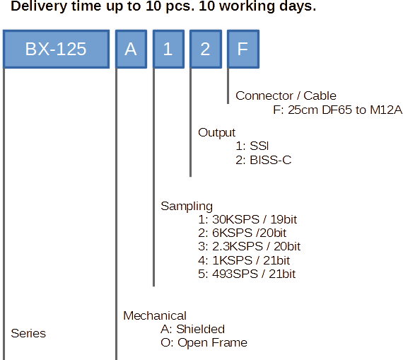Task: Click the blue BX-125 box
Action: point(56,49)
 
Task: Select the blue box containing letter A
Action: point(131,49)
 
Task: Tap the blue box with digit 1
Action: point(168,49)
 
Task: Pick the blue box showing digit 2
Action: point(206,49)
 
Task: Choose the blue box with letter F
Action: point(243,49)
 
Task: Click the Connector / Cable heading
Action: point(286,96)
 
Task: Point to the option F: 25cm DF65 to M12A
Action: point(337,110)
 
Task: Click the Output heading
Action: point(216,133)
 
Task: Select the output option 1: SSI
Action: point(252,146)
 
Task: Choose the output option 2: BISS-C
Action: point(264,161)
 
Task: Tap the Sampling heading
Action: point(187,207)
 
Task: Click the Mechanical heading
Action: point(155,315)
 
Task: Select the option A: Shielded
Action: point(192,329)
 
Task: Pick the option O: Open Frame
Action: point(204,343)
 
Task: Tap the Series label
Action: point(28,334)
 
